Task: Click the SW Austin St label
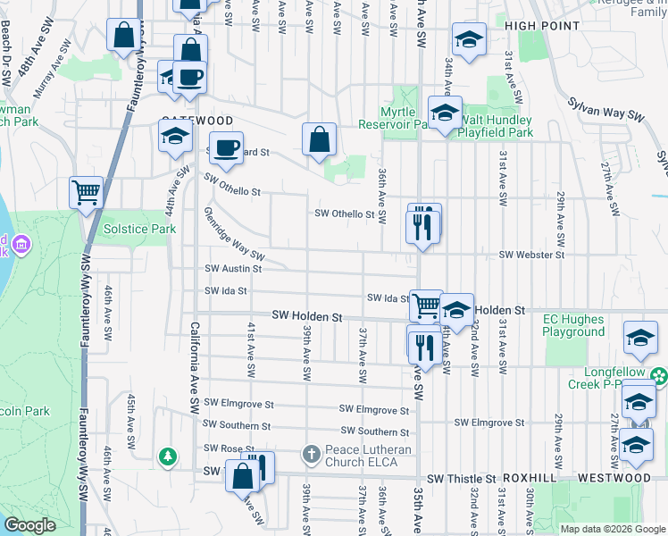tap(232, 268)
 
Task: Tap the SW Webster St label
tap(531, 255)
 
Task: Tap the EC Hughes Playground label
tap(573, 325)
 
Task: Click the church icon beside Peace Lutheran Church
tap(311, 455)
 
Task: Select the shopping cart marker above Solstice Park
tap(86, 191)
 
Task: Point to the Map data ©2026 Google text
tap(612, 529)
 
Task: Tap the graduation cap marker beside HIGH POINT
tap(468, 40)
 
